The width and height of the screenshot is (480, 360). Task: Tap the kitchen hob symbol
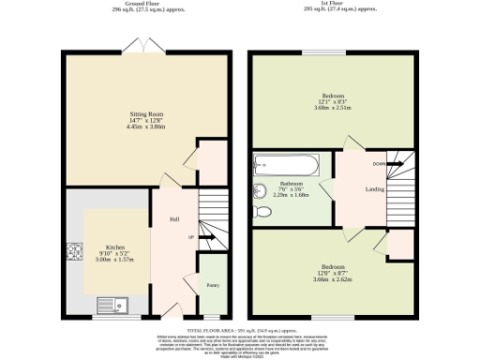tap(73, 251)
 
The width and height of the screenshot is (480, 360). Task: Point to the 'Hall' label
tap(174, 219)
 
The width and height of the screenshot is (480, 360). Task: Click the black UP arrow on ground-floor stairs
tap(205, 237)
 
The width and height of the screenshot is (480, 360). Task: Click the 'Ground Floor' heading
tap(145, 4)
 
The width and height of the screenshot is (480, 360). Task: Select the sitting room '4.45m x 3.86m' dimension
tap(145, 127)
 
